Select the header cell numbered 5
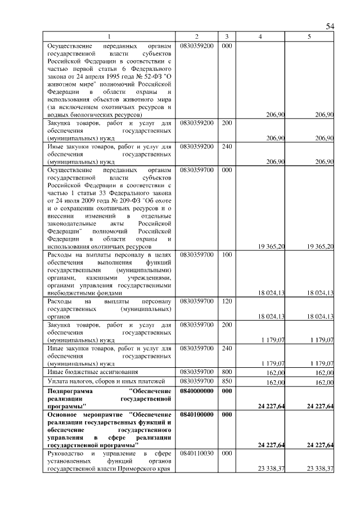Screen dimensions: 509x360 [x=309, y=37]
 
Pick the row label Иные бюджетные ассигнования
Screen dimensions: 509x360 [x=87, y=372]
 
